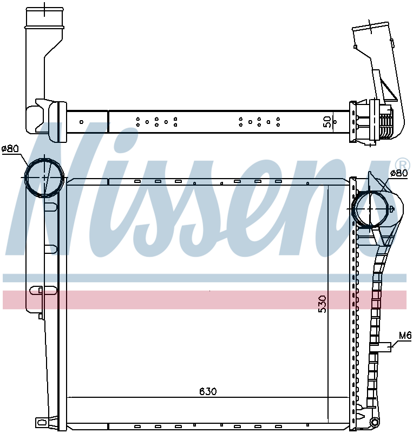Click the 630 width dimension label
tap(208, 391)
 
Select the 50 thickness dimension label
tap(327, 121)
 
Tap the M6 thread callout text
tap(405, 336)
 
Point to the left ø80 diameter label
tap(10, 148)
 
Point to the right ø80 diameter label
tap(399, 173)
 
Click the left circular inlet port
tap(44, 178)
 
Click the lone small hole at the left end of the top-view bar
tap(81, 121)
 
